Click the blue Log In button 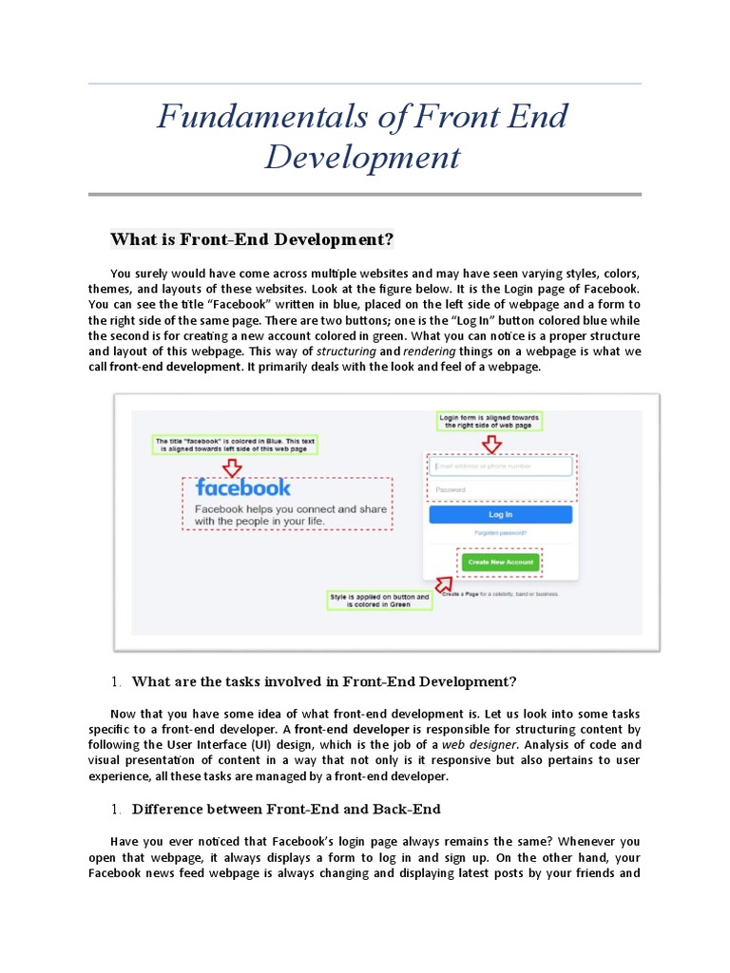(x=500, y=514)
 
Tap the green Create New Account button (x=500, y=562)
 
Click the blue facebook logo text (x=243, y=487)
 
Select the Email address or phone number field (x=500, y=466)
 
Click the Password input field (x=500, y=489)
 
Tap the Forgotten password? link (x=500, y=533)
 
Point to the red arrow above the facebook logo (x=232, y=467)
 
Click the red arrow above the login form (x=491, y=444)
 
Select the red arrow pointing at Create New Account (x=444, y=582)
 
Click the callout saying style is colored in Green (x=379, y=600)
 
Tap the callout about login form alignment (x=490, y=421)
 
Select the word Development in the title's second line (x=362, y=157)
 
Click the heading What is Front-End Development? (x=252, y=238)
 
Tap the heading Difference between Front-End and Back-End (x=286, y=809)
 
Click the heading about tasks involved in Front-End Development (x=324, y=680)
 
